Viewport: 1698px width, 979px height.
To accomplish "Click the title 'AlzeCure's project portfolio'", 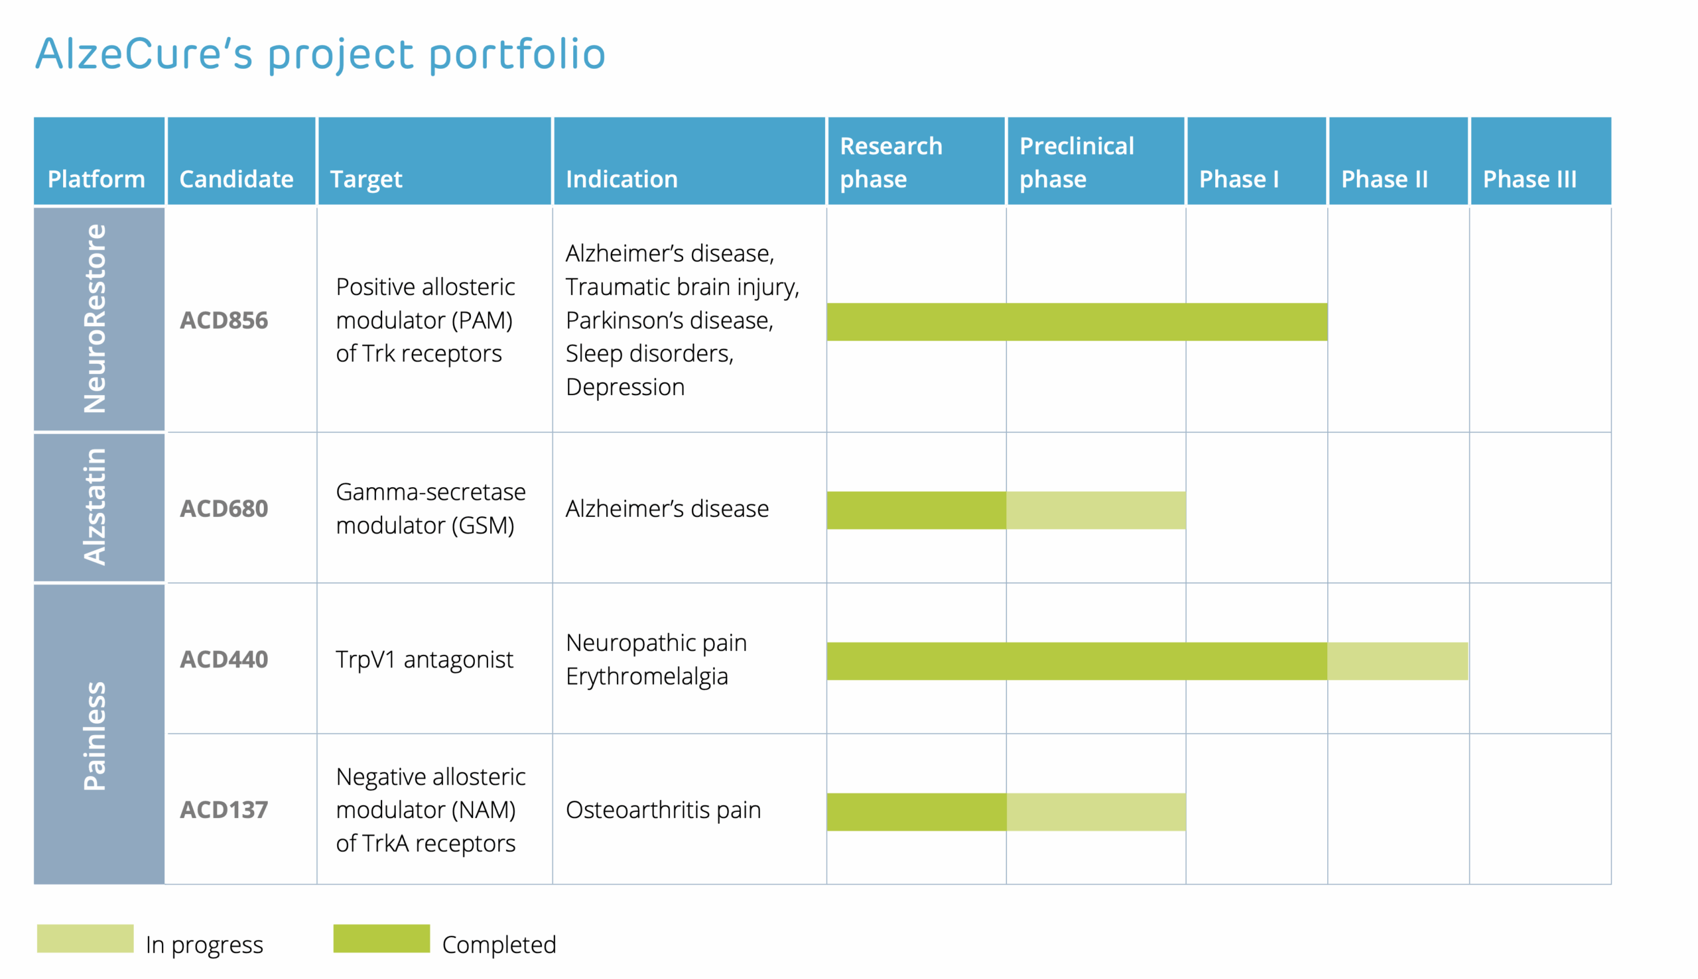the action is (320, 54).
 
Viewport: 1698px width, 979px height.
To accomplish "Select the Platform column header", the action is (99, 160).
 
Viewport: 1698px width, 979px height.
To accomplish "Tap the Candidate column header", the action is (241, 160).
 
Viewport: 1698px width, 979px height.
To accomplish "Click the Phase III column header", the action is (1541, 160).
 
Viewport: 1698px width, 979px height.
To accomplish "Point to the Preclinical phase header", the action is (1096, 160).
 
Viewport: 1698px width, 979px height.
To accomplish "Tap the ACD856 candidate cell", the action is (224, 320).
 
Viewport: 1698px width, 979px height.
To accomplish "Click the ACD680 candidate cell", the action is (224, 508).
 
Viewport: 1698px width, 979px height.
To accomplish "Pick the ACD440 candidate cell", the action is (224, 659).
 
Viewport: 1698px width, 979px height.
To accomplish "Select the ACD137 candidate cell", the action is (224, 809).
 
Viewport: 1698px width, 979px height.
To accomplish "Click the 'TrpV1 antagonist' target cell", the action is (424, 660).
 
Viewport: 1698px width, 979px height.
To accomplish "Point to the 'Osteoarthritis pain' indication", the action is (663, 809).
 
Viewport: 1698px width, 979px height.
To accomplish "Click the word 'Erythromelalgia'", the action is (647, 677).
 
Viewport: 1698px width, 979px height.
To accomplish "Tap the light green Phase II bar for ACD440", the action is (1398, 661).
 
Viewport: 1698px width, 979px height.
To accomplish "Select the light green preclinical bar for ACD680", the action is (1096, 510).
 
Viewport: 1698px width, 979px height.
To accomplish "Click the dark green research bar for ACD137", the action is (916, 811).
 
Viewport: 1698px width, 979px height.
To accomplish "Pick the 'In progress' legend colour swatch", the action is (86, 938).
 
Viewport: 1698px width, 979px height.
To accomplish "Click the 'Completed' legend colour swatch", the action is (381, 938).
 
